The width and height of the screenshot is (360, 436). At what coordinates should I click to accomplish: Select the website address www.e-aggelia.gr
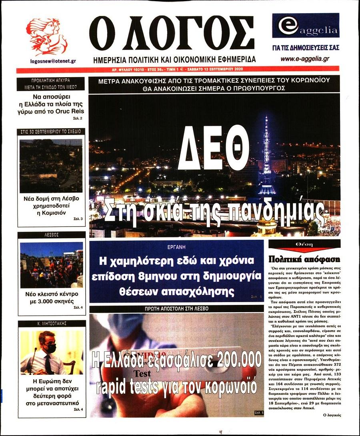305,59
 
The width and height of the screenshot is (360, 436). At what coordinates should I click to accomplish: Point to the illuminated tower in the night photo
266,156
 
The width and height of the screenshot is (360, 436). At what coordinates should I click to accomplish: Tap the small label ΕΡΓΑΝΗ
176,246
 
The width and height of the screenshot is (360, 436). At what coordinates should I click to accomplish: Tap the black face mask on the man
50,348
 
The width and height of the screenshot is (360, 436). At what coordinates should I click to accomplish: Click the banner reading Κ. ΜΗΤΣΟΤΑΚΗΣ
52,323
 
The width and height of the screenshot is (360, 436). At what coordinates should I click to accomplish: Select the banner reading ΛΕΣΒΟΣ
52,235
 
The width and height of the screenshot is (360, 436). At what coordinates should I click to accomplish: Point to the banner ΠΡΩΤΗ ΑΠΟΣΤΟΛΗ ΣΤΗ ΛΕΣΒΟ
176,309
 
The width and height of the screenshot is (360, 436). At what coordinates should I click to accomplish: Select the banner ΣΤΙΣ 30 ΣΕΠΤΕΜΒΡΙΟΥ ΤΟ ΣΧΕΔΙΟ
51,131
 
